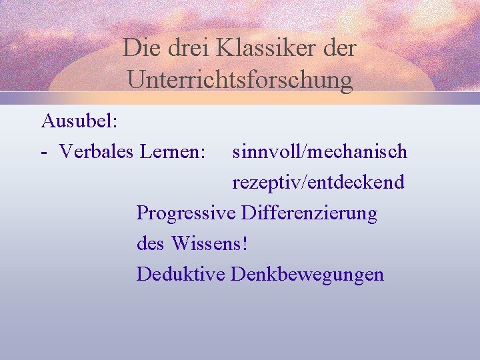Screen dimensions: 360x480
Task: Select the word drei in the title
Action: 183,49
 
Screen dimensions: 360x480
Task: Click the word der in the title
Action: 340,49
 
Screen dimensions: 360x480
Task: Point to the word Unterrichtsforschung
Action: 240,80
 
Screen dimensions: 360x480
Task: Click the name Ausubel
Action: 77,121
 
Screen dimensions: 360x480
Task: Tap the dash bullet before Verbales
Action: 43,153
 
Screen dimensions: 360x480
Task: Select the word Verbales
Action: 97,152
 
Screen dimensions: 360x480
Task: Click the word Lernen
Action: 170,152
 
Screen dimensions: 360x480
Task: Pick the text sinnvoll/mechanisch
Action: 319,152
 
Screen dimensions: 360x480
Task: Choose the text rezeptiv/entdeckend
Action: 318,183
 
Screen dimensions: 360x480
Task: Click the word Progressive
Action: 186,213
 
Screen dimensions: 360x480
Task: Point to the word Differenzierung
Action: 309,213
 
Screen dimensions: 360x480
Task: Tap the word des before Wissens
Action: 151,244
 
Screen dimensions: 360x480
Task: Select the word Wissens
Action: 207,244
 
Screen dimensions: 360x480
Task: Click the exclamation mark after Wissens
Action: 245,244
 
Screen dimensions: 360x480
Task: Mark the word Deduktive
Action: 181,274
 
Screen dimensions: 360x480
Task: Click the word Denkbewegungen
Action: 307,275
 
